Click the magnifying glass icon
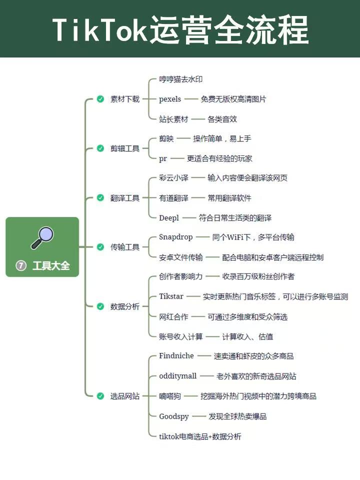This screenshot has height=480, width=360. (42, 238)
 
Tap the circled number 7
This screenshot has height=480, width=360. (21, 265)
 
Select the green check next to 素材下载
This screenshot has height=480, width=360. (100, 99)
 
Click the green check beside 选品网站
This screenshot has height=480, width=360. (100, 396)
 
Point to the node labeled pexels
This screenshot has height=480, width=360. (170, 99)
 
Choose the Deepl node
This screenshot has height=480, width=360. (169, 218)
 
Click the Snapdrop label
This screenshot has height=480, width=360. (175, 237)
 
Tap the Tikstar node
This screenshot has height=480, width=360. (171, 296)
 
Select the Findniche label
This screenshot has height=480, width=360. (176, 355)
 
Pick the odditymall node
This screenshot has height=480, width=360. (178, 376)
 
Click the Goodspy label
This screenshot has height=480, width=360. (174, 416)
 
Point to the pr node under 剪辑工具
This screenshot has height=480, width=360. (163, 158)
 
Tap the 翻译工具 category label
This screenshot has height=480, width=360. (125, 198)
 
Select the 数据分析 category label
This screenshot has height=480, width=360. (125, 306)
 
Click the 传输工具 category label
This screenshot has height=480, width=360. (125, 247)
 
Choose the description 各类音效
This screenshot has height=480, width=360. (222, 119)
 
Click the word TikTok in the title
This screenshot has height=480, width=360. (100, 29)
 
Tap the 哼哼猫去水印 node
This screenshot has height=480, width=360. (180, 79)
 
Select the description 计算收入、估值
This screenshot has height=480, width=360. (247, 336)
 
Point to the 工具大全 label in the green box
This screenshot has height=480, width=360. (51, 265)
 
